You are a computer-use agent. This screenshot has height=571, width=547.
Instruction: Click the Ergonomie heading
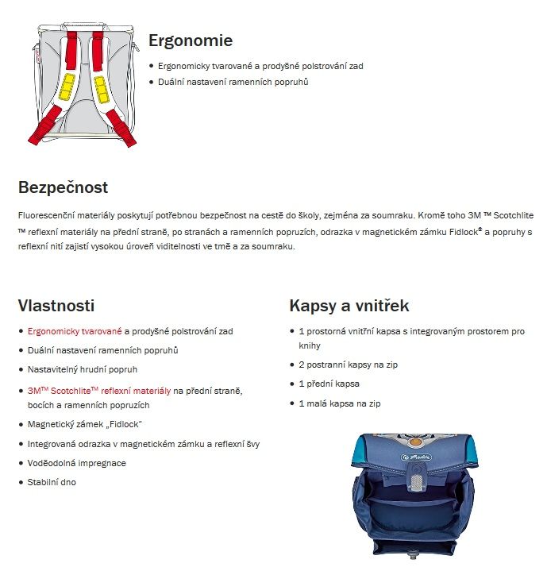pyautogui.click(x=191, y=41)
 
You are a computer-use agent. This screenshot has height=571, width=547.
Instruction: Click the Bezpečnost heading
pyautogui.click(x=63, y=188)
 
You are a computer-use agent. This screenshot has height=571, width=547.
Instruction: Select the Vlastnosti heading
pyautogui.click(x=56, y=306)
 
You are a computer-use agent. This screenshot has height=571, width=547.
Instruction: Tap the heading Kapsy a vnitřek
pyautogui.click(x=349, y=306)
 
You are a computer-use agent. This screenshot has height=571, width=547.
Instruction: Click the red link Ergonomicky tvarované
pyautogui.click(x=75, y=330)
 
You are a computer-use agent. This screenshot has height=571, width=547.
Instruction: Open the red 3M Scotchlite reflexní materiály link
pyautogui.click(x=99, y=391)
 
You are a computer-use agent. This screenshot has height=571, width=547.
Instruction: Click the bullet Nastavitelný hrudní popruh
pyautogui.click(x=83, y=370)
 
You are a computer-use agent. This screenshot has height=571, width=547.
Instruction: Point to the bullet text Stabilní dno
pyautogui.click(x=52, y=482)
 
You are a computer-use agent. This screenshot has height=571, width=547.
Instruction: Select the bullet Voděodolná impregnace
pyautogui.click(x=77, y=463)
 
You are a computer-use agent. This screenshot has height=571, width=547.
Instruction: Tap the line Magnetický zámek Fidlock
pyautogui.click(x=85, y=424)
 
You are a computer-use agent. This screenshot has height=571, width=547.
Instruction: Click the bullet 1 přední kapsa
pyautogui.click(x=329, y=384)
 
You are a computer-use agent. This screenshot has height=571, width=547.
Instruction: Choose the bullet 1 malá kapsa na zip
pyautogui.click(x=340, y=404)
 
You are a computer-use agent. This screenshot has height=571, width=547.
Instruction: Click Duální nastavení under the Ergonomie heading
pyautogui.click(x=233, y=82)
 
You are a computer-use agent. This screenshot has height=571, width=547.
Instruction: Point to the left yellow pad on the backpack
pyautogui.click(x=67, y=86)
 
